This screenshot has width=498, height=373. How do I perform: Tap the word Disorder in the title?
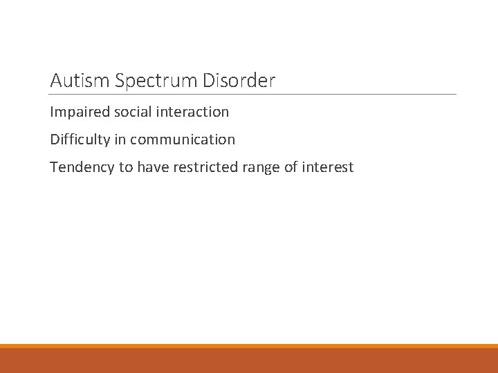(239, 81)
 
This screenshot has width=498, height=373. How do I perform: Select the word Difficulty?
(80, 140)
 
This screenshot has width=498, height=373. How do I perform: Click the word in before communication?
(120, 140)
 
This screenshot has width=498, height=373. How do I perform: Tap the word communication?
(183, 140)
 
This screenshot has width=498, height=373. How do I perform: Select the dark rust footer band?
(249, 361)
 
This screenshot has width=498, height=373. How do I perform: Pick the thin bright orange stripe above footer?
(249, 346)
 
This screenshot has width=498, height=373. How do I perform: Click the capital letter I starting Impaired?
(52, 111)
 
